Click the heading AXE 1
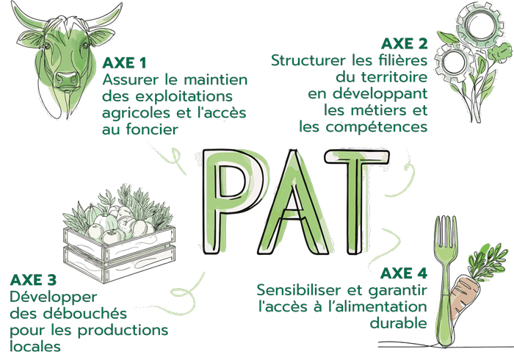(x=124, y=63)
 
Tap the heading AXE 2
(x=405, y=43)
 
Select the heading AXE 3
(x=33, y=280)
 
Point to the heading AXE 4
(x=404, y=273)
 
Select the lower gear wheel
(x=455, y=63)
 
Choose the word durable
(x=398, y=323)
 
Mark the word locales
(x=35, y=346)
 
